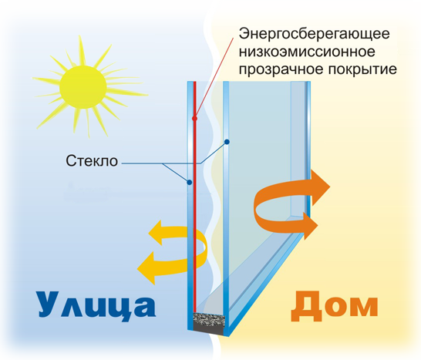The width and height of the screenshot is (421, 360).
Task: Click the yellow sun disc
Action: pyautogui.click(x=83, y=87)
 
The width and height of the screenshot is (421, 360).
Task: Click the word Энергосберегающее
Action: pyautogui.click(x=314, y=34)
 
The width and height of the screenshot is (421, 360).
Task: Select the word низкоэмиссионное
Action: pyautogui.click(x=307, y=52)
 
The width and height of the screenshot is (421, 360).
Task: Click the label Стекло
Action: pyautogui.click(x=92, y=161)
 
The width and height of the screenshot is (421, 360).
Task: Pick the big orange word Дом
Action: pyautogui.click(x=335, y=307)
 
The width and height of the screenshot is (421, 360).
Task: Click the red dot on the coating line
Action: pyautogui.click(x=194, y=118)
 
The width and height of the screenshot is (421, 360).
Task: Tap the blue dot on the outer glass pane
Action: pyautogui.click(x=189, y=182)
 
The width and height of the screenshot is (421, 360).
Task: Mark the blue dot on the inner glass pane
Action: pyautogui.click(x=227, y=142)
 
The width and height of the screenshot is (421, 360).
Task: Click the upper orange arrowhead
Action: pyautogui.click(x=320, y=187)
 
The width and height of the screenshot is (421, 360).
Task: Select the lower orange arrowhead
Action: pyautogui.click(x=311, y=226)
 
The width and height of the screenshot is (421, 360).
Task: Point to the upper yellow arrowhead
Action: pyautogui.click(x=155, y=233)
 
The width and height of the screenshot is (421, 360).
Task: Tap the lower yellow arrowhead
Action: pyautogui.click(x=147, y=268)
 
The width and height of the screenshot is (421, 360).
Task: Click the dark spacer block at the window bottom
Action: pyautogui.click(x=209, y=323)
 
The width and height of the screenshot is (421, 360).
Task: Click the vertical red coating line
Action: pyautogui.click(x=194, y=197)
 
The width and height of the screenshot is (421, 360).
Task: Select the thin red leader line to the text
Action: pyautogui.click(x=214, y=78)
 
